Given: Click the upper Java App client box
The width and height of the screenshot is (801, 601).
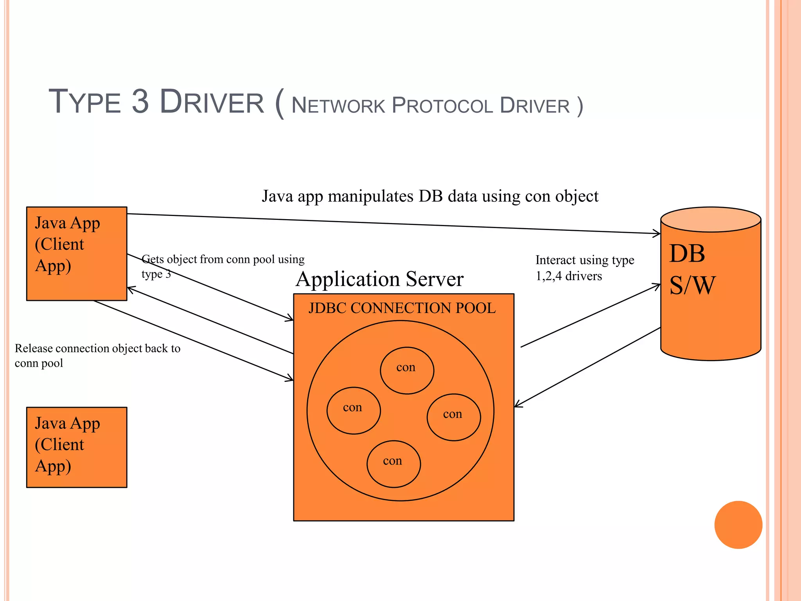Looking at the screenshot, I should tap(77, 254).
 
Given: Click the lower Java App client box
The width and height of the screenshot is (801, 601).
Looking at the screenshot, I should tap(77, 447).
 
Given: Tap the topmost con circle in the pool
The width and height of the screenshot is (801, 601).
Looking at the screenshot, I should tap(407, 370).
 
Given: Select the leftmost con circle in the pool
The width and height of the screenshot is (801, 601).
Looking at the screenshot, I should tap(354, 410).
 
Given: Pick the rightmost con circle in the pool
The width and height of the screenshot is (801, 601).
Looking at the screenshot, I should tap(454, 417).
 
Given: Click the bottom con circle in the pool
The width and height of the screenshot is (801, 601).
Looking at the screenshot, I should tap(393, 464).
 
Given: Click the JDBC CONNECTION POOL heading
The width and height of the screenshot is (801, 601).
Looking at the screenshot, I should tap(402, 308).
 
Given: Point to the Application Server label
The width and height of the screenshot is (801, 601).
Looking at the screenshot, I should tap(379, 279).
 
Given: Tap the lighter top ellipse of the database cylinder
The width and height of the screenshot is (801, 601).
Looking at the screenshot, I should tap(711, 220).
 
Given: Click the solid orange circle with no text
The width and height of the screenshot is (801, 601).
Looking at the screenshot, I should tap(738, 525).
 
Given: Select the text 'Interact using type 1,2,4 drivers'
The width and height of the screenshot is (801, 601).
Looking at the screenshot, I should tap(584, 268).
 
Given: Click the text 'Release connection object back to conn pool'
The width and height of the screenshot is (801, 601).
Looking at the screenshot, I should tap(97, 355).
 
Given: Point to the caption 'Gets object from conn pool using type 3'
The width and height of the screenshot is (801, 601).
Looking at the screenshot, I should tap(223, 266).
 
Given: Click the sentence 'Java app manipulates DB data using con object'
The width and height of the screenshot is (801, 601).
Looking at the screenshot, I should tap(430, 196).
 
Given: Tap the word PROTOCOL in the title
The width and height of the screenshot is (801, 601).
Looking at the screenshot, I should tap(442, 106).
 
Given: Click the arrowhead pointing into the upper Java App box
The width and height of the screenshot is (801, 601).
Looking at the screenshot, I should tap(131, 290).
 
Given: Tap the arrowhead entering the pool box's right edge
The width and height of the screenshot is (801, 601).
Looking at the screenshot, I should tap(517, 405).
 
